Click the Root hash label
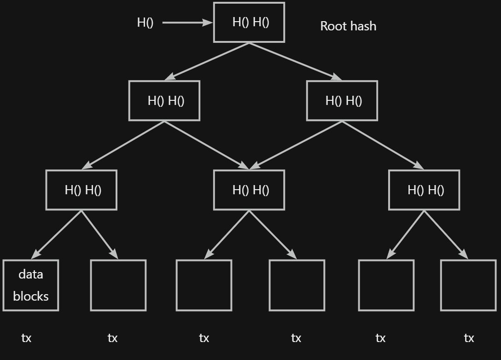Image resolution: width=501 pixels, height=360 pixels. click(348, 26)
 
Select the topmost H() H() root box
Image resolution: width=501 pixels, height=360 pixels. click(249, 22)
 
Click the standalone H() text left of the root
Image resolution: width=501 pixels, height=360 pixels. click(145, 22)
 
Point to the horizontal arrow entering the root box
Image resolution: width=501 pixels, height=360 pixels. click(186, 22)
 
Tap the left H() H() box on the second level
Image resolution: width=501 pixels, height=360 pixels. click(164, 101)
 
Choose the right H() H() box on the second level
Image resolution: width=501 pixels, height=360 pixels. click(342, 101)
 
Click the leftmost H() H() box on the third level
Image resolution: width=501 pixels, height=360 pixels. click(82, 190)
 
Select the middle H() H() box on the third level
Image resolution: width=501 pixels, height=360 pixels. click(249, 190)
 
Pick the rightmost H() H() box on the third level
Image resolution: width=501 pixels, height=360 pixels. click(424, 190)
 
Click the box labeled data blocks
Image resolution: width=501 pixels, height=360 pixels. click(31, 285)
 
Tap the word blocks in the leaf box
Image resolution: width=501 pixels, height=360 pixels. click(31, 296)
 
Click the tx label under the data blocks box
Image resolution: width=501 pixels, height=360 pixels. click(26, 338)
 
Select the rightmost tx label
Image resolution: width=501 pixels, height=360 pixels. click(469, 338)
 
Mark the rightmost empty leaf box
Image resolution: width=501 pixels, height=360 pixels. click(468, 285)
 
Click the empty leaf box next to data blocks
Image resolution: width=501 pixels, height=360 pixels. click(118, 285)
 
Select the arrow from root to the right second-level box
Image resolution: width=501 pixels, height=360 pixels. click(295, 61)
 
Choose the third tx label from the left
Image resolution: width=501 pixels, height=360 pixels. click(204, 338)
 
